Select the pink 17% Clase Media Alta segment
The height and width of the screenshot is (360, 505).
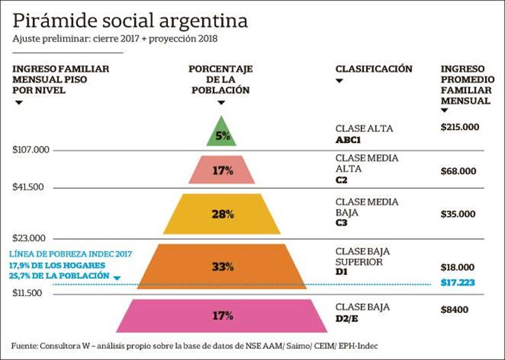[222, 170]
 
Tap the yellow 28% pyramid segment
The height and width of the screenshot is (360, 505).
[222, 213]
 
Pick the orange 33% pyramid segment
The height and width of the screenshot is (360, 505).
[222, 267]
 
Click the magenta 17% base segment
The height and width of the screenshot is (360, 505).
[222, 316]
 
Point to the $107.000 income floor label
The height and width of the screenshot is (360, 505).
[31, 149]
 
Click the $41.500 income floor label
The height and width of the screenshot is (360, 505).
[28, 187]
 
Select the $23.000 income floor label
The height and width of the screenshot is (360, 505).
[29, 238]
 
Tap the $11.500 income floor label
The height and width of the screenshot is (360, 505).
[27, 292]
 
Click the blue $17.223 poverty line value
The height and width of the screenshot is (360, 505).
[458, 282]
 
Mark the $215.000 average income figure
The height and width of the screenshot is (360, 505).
[460, 127]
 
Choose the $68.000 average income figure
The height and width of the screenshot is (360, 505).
[459, 171]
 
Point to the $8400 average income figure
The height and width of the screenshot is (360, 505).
[454, 310]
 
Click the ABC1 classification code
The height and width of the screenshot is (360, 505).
[348, 140]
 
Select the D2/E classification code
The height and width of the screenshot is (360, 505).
[347, 319]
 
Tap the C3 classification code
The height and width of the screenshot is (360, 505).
[341, 223]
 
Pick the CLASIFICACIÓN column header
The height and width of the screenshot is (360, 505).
[374, 69]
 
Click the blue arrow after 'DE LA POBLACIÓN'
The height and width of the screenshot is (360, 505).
[117, 278]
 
